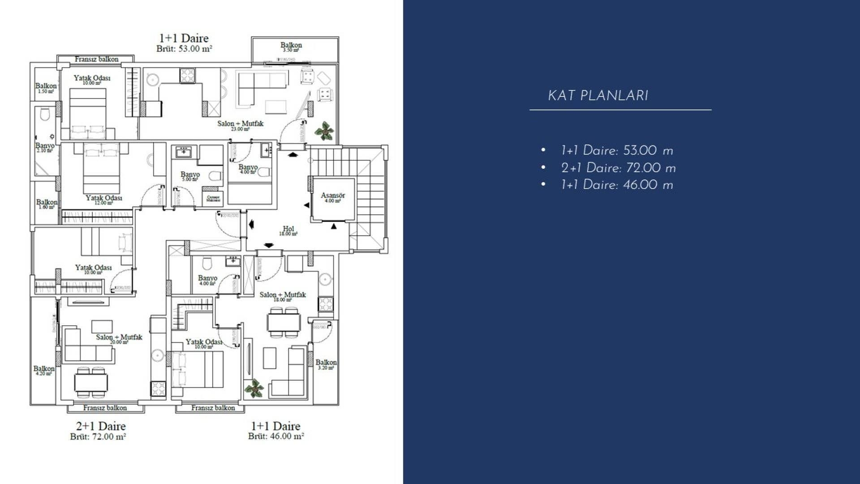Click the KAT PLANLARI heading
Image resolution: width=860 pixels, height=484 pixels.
coord(598,96)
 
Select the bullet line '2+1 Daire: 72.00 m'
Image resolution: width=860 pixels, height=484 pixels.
coord(618,168)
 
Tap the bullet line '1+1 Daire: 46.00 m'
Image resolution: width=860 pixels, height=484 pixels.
coord(617,185)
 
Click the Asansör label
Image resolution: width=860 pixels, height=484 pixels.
coord(333,196)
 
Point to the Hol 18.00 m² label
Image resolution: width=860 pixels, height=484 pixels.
coord(288,230)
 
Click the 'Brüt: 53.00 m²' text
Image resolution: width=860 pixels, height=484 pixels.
coord(184,48)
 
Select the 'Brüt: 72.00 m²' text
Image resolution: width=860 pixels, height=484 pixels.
coord(98,436)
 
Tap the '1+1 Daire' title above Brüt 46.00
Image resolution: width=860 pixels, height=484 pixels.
coord(275,426)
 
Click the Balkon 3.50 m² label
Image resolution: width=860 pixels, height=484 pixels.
coord(291,47)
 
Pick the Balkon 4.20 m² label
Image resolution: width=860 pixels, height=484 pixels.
coord(44,370)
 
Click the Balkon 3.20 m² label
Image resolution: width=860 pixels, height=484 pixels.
coord(326,364)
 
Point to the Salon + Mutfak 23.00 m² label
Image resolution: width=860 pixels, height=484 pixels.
coord(240,125)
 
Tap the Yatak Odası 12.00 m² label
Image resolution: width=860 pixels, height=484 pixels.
coord(103,199)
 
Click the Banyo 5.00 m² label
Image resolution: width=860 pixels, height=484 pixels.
coord(190,176)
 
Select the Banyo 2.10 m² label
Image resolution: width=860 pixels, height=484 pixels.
coord(45,147)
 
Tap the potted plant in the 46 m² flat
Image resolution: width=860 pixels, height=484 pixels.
coord(254,388)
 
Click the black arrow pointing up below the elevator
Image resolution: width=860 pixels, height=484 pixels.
coord(334,226)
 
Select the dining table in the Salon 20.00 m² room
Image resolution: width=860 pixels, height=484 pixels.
coord(91,383)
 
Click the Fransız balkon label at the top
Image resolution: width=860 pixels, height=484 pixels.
coord(96,59)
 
